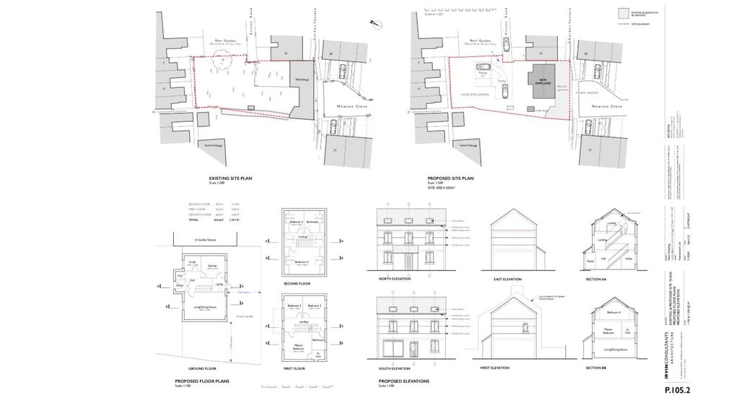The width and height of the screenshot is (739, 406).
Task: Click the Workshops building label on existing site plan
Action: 302,79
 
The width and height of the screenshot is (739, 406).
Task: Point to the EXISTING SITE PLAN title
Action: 231,178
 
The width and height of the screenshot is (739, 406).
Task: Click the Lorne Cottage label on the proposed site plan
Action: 463,145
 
